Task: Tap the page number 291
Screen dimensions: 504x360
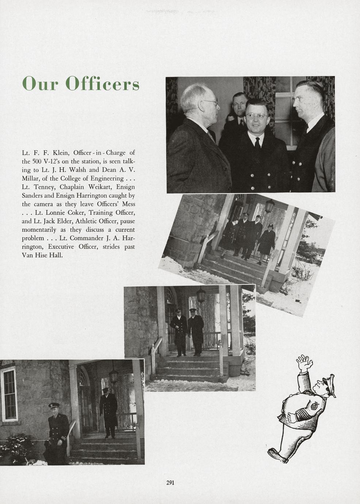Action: point(170,482)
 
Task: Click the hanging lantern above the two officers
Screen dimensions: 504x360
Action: point(201,295)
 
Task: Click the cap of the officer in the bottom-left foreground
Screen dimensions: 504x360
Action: point(54,405)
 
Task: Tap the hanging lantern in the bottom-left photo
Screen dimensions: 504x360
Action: point(114,376)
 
